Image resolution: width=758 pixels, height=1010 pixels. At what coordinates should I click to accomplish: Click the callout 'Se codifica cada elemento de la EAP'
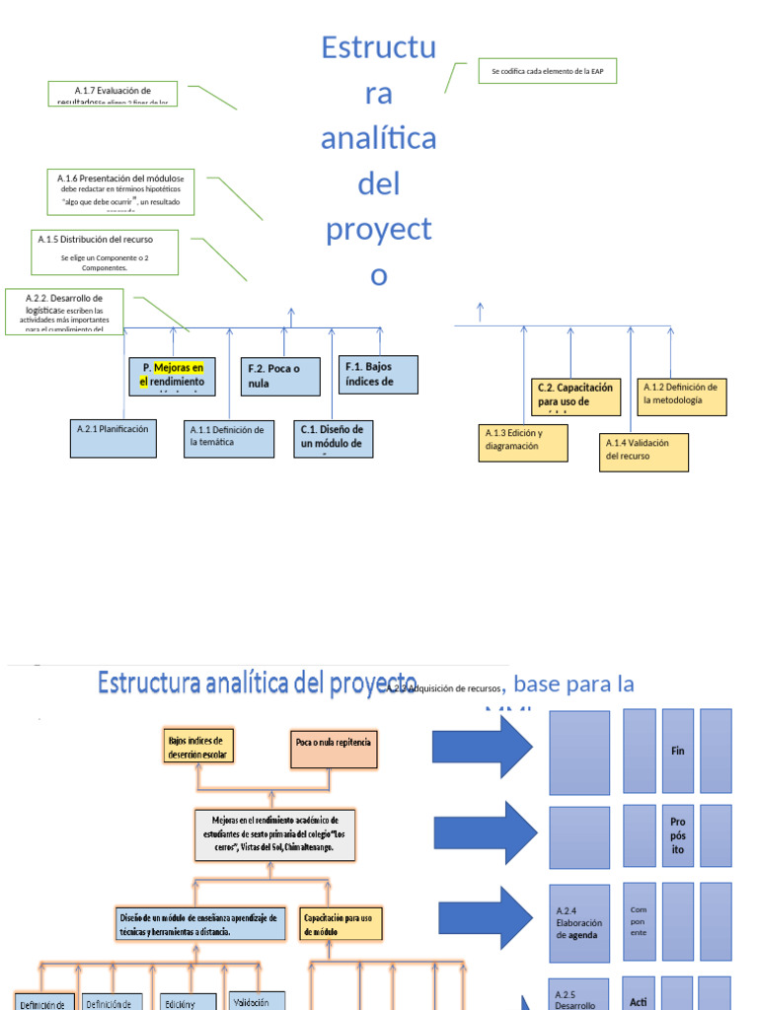coord(547,71)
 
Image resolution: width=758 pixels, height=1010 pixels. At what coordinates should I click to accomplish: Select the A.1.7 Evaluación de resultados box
coord(113,94)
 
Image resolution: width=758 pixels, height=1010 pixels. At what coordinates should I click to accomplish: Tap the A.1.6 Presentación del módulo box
coord(120,191)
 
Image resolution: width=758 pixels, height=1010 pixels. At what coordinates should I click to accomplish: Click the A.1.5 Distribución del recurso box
coord(110,252)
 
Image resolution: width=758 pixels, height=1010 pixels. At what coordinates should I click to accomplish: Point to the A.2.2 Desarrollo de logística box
coord(64,312)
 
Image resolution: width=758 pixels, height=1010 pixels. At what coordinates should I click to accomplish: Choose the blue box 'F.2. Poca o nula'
coord(283,376)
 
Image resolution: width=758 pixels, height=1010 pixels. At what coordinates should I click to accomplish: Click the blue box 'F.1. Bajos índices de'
coord(378,374)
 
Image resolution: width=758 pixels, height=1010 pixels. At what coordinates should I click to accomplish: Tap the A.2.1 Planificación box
coord(114,438)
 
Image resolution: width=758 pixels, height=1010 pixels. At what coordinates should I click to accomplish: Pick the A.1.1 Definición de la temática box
coord(230,439)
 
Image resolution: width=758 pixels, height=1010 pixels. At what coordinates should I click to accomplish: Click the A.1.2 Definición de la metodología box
coord(682,397)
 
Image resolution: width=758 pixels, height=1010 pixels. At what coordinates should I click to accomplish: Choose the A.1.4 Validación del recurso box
coord(644,452)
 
